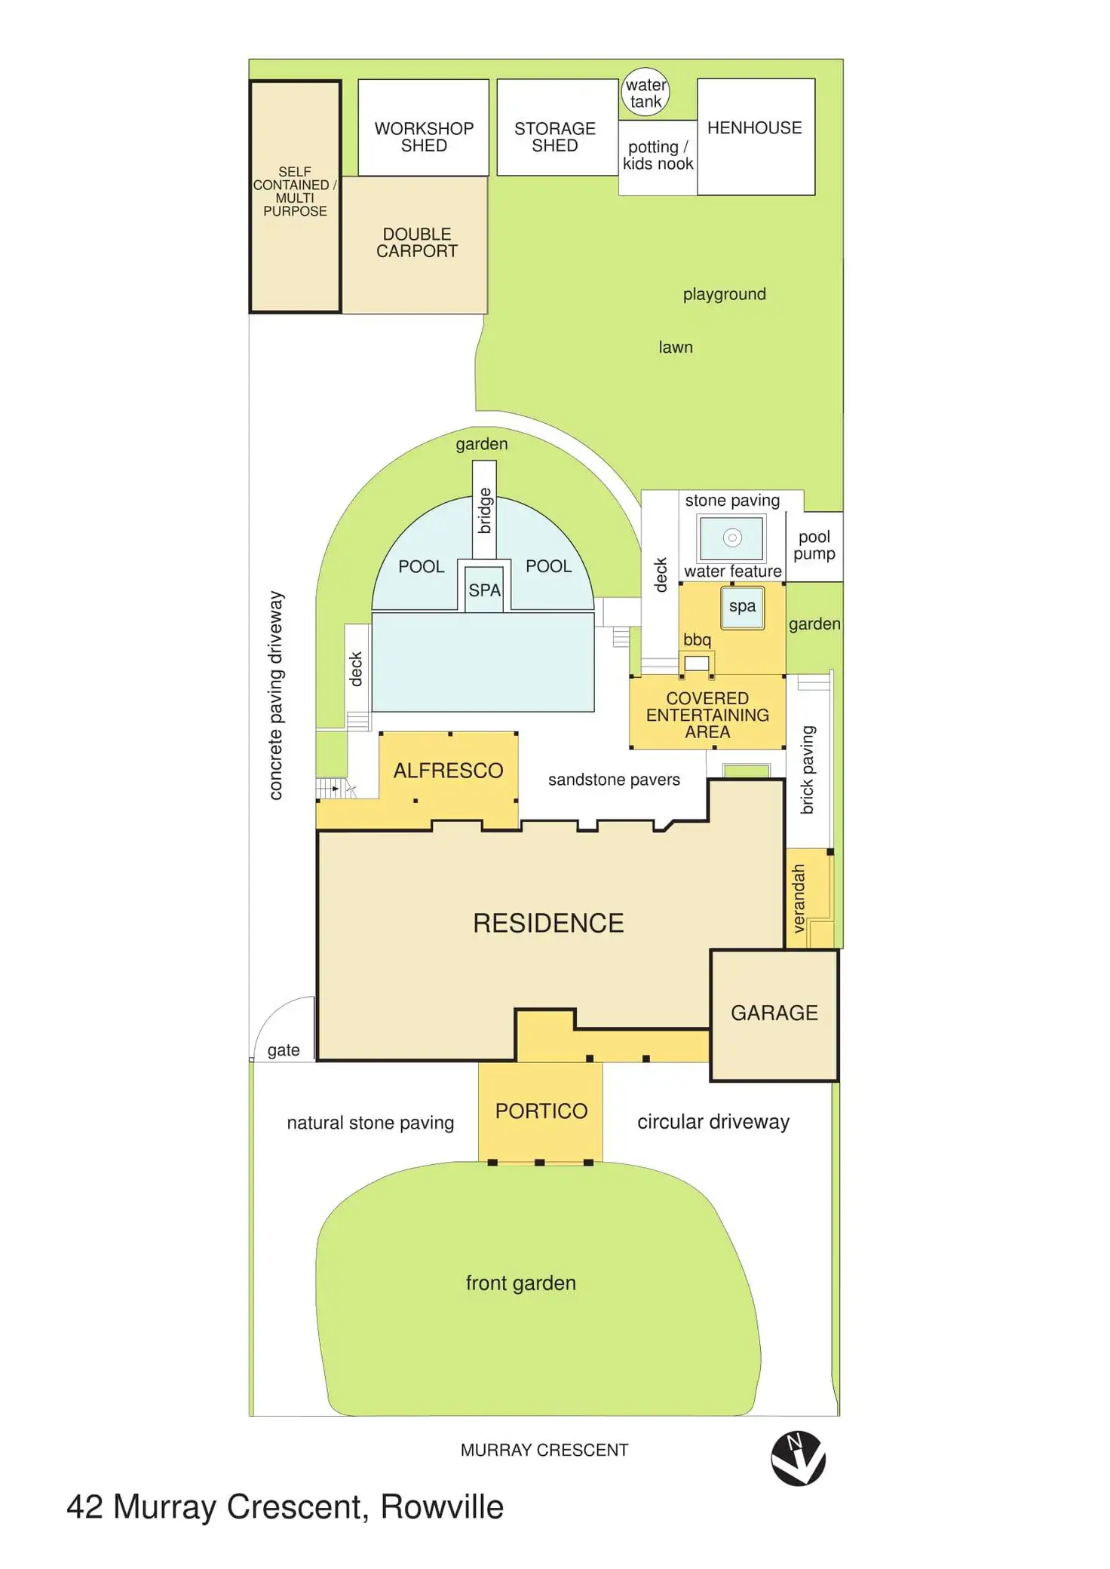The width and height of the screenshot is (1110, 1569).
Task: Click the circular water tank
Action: point(645,93)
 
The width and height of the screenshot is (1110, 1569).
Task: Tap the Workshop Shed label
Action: point(424,136)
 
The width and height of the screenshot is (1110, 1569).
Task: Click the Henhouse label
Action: point(754,127)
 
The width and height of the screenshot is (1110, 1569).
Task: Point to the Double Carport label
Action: point(417,242)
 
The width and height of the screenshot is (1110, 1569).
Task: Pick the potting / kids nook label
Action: point(658,155)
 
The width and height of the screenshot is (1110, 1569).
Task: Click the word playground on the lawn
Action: point(724,294)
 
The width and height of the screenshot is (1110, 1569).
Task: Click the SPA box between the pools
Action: point(484,590)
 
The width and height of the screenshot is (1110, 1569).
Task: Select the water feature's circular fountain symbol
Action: point(732,538)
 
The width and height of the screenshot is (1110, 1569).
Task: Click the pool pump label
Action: point(814,545)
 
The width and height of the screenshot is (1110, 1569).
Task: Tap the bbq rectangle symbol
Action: point(697,663)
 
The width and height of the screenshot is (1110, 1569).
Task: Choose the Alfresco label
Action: point(448,770)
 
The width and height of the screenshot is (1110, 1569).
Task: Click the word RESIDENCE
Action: point(548,923)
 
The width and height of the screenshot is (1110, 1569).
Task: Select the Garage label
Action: point(774,1013)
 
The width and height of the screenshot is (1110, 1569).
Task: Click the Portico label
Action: point(541,1111)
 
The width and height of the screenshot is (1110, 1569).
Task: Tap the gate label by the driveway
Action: point(284,1050)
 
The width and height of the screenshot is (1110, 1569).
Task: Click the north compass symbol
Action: point(798,1458)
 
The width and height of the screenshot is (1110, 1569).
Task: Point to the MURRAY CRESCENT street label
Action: point(544,1450)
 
